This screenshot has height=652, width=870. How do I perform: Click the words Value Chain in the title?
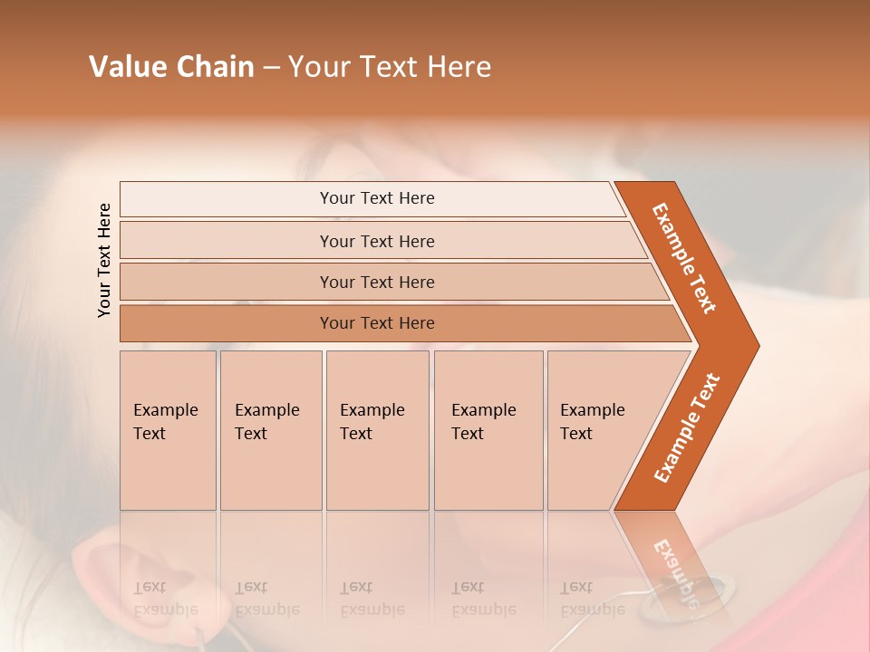coord(171,67)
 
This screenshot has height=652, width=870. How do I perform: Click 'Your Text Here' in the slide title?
coord(390,67)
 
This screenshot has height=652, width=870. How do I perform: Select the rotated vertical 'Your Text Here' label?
coord(104,260)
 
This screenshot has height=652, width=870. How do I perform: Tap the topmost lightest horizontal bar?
coord(377,198)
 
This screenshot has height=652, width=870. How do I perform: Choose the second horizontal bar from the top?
coord(377,241)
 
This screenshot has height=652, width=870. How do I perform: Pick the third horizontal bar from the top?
coord(377,282)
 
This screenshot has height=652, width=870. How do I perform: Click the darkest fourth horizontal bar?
coord(377,323)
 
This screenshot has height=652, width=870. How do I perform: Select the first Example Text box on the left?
coord(168,430)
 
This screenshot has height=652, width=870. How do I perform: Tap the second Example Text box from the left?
coord(271,430)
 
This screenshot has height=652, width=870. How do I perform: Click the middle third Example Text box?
coord(377,430)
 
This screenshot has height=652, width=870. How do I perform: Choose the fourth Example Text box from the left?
coord(488,430)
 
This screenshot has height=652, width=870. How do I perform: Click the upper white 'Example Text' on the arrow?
coord(684,258)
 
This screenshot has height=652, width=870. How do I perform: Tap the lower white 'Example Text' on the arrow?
coord(687,428)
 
